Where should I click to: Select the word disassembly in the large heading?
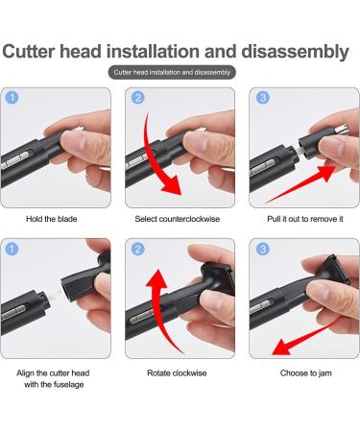tap(297, 51)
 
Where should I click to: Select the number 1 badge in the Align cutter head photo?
tap(12, 250)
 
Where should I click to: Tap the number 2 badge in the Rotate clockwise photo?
tap(137, 250)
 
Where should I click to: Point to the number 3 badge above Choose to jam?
tap(261, 250)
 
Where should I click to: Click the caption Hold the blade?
tap(55, 219)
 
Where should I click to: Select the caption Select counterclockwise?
tap(180, 219)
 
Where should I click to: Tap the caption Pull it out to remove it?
tap(303, 219)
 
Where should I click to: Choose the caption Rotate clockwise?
tap(180, 372)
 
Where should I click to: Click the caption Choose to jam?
tap(303, 372)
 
